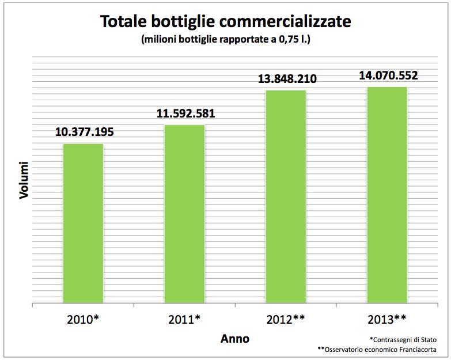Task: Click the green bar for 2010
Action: tap(84, 222)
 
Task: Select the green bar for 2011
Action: tap(185, 213)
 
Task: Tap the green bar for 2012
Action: tap(286, 196)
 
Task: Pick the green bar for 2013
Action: tap(388, 194)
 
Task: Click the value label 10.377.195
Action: tap(85, 132)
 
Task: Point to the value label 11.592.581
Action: tap(185, 113)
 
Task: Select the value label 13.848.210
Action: tap(287, 79)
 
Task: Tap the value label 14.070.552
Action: tap(388, 75)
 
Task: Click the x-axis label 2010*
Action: tap(84, 319)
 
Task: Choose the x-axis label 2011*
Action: tap(185, 319)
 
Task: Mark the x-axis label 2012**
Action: tap(286, 319)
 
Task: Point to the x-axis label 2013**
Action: tap(388, 319)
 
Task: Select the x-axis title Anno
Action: tap(235, 339)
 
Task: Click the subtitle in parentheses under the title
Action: tap(226, 40)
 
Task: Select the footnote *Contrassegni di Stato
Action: tap(403, 339)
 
